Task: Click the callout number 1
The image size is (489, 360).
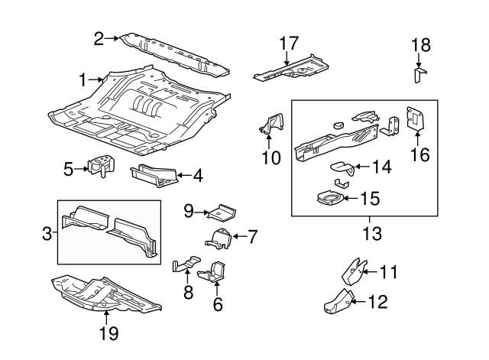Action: coord(83,78)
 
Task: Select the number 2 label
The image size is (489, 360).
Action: coord(99,37)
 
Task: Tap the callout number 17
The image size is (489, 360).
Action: coord(287,43)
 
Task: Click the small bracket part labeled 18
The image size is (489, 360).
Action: coord(419,75)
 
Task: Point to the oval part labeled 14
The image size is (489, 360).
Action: coord(344,166)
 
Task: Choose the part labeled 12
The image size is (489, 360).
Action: coord(337,302)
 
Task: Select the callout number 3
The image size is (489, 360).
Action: coord(47,233)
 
